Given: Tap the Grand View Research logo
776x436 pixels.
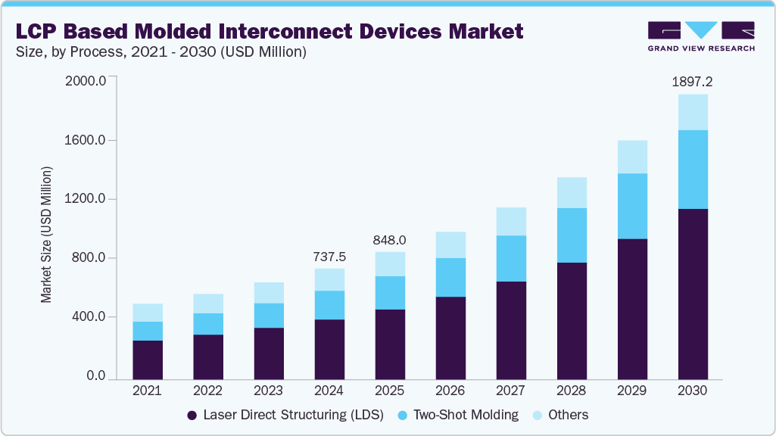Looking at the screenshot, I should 700,36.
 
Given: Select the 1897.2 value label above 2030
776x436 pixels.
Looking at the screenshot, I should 692,82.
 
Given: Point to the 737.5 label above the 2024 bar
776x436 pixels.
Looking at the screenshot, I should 329,257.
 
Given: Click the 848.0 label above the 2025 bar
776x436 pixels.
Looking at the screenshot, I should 389,240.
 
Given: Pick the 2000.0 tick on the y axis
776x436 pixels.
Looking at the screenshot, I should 86,81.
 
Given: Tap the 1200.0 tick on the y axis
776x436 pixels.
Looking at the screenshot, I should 86,199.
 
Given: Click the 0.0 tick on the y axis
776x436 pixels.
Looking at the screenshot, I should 95,376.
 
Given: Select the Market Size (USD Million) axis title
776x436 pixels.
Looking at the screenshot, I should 47,235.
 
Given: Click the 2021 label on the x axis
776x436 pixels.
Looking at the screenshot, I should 147,391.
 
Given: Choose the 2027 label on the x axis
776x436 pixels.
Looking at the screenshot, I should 510,391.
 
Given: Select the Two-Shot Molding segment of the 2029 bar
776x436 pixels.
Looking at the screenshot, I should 632,206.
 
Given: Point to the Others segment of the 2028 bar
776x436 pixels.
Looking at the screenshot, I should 572,192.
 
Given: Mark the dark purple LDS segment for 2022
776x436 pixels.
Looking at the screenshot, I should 207,357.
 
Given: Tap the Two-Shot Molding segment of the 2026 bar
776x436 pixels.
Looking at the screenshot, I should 450,277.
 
